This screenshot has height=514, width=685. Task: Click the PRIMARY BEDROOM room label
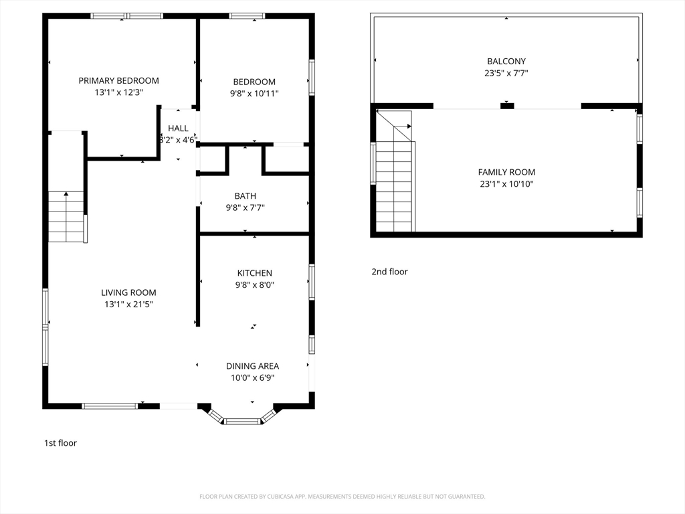click(x=118, y=80)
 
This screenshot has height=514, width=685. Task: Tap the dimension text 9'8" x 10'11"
click(x=254, y=94)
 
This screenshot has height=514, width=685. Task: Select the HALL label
click(x=178, y=128)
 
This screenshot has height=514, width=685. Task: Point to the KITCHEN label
click(x=254, y=273)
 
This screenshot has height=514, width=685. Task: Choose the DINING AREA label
click(x=252, y=366)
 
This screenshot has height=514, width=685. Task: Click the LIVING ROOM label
click(x=128, y=292)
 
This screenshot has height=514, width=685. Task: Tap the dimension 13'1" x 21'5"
click(x=128, y=305)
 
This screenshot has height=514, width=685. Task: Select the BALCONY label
click(x=506, y=61)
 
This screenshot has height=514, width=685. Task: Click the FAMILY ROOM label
click(x=506, y=172)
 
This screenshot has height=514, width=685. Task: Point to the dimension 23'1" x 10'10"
click(x=506, y=184)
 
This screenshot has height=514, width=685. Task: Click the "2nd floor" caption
click(x=389, y=272)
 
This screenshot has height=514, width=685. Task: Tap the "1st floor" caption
click(x=60, y=443)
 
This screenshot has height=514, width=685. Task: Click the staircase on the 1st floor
click(x=66, y=216)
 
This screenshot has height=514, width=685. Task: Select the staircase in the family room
click(x=393, y=187)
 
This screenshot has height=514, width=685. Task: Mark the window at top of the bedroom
click(x=247, y=16)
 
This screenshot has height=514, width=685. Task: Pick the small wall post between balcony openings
click(x=507, y=105)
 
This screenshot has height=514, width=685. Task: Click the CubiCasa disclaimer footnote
click(x=342, y=497)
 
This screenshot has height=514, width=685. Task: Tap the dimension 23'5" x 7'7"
click(x=506, y=73)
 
